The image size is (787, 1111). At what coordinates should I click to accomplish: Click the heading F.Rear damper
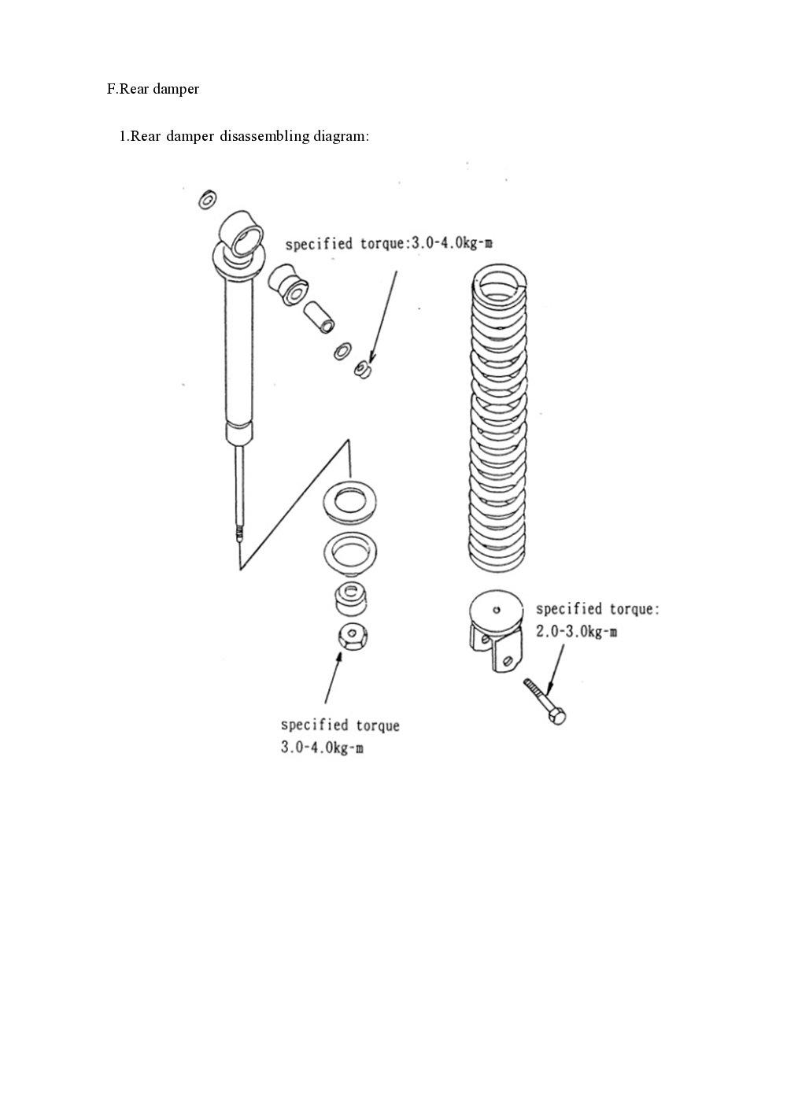tap(153, 89)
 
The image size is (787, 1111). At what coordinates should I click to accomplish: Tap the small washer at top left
tap(207, 200)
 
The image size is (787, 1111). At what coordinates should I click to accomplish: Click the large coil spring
tap(497, 417)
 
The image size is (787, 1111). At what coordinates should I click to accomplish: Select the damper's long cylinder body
tap(239, 354)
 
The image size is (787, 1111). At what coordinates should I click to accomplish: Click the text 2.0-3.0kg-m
tap(577, 632)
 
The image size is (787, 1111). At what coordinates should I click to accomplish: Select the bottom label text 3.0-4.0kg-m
tap(322, 747)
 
